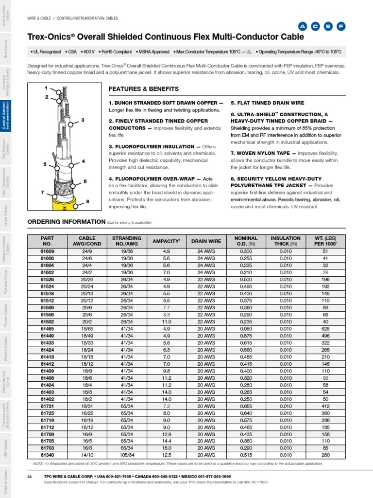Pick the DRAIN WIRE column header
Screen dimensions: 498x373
[x=206, y=241]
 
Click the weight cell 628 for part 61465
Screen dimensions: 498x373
[x=325, y=329]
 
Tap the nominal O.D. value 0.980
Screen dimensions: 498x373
[x=246, y=329]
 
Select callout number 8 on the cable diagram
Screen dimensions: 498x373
[x=87, y=201]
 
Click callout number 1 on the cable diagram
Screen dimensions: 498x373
[x=46, y=88]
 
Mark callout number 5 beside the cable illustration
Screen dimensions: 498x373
[x=45, y=164]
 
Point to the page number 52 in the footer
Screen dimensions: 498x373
[x=30, y=477]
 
